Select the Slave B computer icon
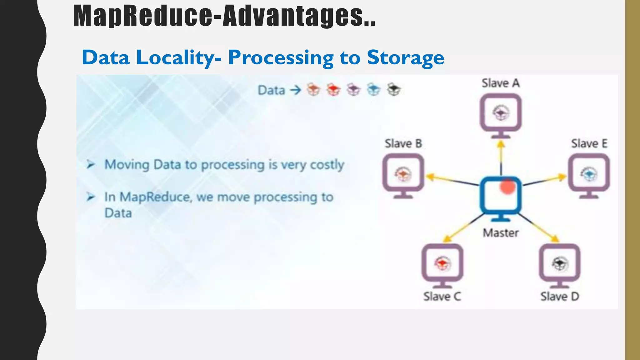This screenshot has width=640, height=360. point(403,175)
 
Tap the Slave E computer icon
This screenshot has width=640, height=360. point(589,175)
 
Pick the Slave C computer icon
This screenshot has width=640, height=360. point(442,265)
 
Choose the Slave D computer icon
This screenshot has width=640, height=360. point(559,265)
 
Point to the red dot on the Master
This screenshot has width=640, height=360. point(507,187)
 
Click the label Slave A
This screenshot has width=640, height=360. point(501,83)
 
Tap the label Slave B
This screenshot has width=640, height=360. point(403,144)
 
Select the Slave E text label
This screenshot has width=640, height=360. point(589,144)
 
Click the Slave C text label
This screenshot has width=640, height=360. point(442,296)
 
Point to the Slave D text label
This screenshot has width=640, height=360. point(559,296)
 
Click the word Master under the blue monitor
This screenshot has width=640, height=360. point(501,233)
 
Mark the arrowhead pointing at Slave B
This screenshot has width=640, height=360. point(430,177)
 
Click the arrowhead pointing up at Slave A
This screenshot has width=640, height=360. point(501,144)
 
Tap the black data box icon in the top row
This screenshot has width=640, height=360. point(394,90)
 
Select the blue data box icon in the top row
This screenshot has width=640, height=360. point(373,90)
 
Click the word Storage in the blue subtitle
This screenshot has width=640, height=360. point(405,58)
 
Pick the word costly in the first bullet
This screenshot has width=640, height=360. point(327,165)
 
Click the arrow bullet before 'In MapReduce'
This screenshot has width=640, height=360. point(91,197)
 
